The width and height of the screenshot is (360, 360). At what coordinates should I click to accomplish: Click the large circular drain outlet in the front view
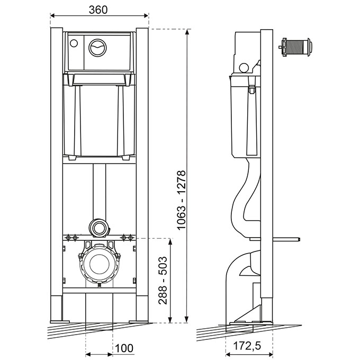click(x=99, y=263)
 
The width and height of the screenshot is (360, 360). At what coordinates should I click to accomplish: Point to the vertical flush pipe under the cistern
click(x=99, y=191)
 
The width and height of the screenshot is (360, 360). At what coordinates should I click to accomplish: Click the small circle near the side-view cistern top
click(x=244, y=68)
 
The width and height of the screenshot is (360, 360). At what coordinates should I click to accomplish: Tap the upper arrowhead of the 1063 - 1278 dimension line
click(x=187, y=32)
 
